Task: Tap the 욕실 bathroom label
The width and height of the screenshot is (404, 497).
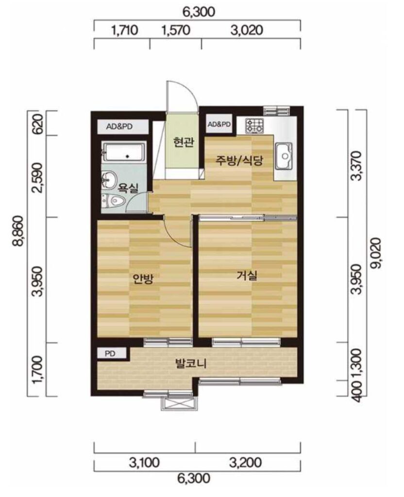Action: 128,188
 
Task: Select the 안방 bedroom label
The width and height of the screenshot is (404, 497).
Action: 143,279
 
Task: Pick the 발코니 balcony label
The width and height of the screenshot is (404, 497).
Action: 191,363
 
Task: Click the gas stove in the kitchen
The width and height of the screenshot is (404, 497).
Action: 254,125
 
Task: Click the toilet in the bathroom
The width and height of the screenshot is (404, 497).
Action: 113,200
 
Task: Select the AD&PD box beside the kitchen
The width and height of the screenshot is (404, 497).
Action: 219,124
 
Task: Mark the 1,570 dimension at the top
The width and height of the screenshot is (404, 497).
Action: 176,31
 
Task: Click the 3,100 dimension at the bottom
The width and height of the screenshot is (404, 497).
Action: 144,463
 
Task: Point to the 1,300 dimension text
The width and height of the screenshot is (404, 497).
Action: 357,362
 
